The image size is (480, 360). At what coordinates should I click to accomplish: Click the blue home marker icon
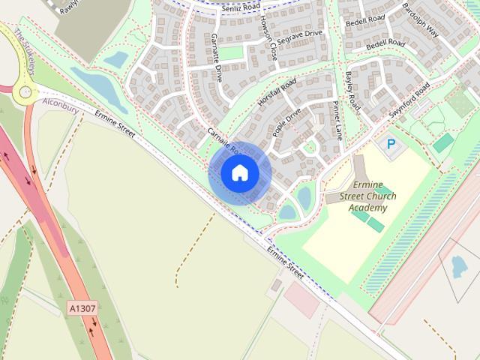[239, 172]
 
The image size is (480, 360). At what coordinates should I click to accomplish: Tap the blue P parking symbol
[391, 143]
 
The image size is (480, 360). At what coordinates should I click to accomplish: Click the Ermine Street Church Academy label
[373, 196]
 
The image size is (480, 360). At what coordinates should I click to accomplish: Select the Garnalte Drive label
[217, 57]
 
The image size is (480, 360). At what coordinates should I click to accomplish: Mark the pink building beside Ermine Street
[301, 299]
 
